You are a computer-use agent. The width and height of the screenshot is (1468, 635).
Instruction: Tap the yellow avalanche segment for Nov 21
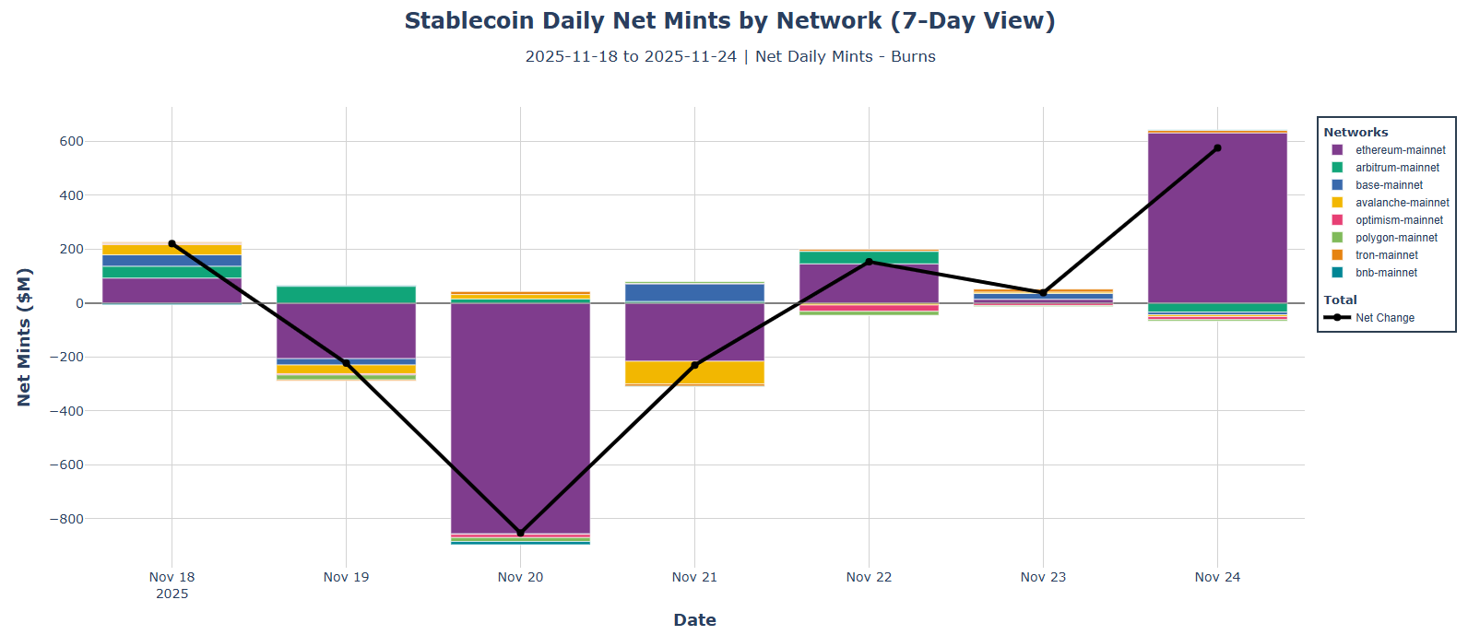[x=694, y=372]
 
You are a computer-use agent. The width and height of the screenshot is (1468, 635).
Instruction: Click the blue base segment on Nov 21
[x=694, y=292]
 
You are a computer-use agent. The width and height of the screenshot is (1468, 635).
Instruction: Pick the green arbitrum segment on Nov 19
[x=346, y=294]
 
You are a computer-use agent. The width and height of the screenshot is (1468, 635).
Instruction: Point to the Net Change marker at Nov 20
[x=520, y=533]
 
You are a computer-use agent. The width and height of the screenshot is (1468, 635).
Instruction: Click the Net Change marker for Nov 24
[x=1217, y=147]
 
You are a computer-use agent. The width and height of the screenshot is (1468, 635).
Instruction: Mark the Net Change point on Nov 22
[x=869, y=262]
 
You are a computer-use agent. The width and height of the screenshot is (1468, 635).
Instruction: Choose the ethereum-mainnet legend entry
[x=1399, y=150]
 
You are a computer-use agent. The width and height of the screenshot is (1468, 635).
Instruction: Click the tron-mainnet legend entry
[x=1386, y=255]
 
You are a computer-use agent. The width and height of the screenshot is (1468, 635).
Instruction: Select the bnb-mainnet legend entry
[x=1386, y=273]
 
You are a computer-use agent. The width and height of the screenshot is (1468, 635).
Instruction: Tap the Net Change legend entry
[x=1384, y=318]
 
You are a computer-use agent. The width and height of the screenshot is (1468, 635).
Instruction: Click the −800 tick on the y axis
[x=65, y=519]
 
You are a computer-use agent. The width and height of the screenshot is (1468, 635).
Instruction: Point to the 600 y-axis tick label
[x=72, y=141]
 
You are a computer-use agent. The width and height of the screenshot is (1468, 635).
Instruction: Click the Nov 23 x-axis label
[x=1043, y=577]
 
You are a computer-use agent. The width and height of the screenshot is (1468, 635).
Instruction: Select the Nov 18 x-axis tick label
[x=172, y=577]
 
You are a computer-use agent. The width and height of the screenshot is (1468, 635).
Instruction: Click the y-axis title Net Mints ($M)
[x=24, y=337]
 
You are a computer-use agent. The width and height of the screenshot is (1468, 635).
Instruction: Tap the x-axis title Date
[x=694, y=619]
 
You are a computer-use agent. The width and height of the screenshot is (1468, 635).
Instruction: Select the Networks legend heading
[x=1356, y=132]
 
